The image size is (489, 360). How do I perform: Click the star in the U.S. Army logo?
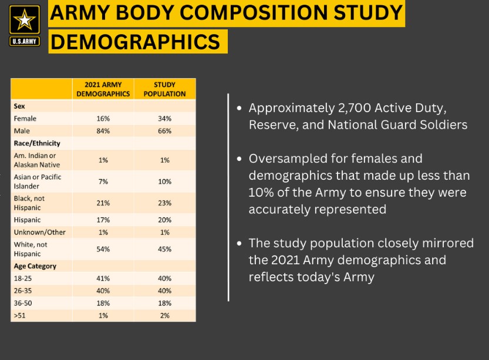click(x=25, y=21)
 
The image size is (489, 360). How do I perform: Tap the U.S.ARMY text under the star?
click(x=25, y=42)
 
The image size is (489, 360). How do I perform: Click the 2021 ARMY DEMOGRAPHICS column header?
click(x=103, y=89)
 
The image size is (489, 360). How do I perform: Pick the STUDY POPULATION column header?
click(x=165, y=89)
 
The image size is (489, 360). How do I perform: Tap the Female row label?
click(x=25, y=119)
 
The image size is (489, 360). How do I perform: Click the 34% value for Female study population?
click(x=165, y=119)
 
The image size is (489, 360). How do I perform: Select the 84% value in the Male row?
click(x=103, y=131)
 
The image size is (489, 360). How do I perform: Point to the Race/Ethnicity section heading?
click(x=37, y=143)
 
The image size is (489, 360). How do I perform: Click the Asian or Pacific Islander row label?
click(x=38, y=181)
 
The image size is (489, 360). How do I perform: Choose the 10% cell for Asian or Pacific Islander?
click(x=165, y=181)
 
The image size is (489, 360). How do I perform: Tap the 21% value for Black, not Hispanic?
click(x=103, y=203)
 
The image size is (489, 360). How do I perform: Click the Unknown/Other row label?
click(x=40, y=232)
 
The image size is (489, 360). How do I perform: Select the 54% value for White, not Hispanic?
click(x=103, y=249)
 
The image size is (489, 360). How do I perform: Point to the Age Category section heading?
click(x=35, y=266)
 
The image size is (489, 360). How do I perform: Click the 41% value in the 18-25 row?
click(x=103, y=278)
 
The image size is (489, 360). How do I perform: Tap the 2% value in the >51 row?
click(x=165, y=315)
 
